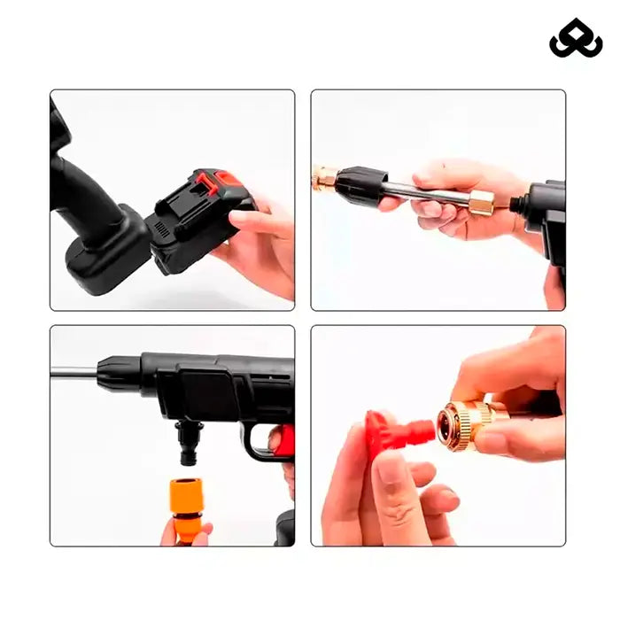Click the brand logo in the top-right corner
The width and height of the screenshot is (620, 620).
tap(576, 38)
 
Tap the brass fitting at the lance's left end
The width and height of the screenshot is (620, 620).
tap(324, 177)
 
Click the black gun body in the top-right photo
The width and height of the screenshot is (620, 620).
tap(547, 213)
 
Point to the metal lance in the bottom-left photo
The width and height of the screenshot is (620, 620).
tap(73, 372)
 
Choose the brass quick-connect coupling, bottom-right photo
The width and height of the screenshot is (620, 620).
tap(465, 423)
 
